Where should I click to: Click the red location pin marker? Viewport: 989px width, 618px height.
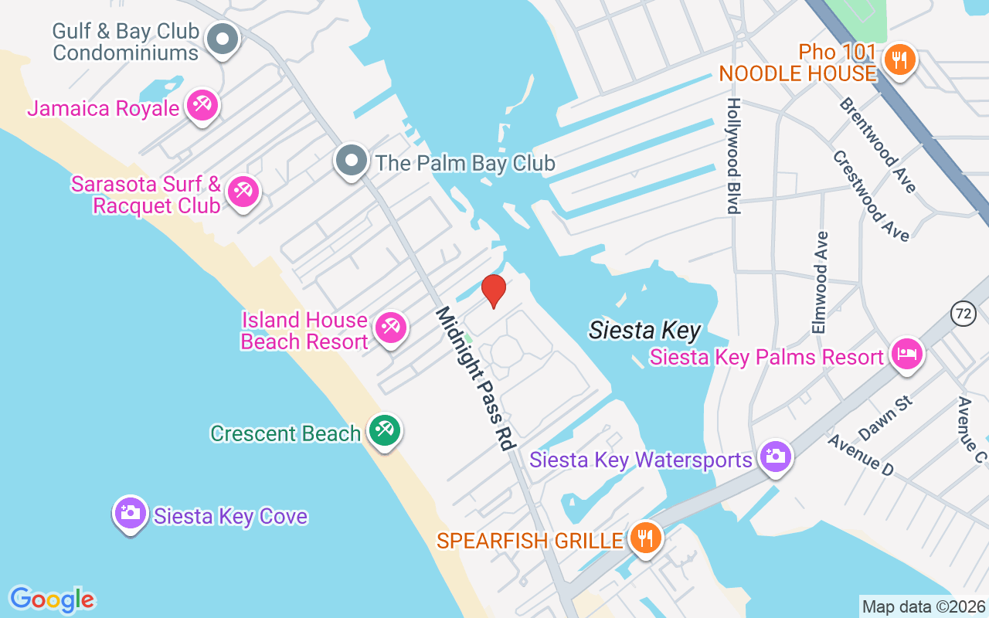coord(493,290)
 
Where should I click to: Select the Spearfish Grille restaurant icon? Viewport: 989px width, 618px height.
coord(644,537)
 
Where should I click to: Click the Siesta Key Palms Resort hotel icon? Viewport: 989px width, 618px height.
coord(907,355)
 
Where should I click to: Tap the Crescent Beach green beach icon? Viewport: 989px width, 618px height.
coord(384,430)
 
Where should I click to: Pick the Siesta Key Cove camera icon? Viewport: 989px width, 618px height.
coord(131,513)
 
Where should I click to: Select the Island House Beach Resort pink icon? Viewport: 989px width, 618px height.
coord(390,328)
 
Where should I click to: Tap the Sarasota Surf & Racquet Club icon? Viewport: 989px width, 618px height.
coord(244,191)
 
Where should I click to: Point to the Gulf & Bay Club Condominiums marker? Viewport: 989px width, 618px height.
coord(224,39)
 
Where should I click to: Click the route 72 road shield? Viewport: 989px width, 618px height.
coord(963,314)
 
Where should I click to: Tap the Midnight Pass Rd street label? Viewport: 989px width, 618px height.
coord(474,379)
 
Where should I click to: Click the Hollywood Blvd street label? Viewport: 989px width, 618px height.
coord(732,155)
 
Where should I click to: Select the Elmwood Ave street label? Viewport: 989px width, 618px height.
coord(821,283)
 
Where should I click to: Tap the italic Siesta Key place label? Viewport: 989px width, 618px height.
coord(644,331)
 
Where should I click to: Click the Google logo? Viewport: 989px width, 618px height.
coord(52,599)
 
